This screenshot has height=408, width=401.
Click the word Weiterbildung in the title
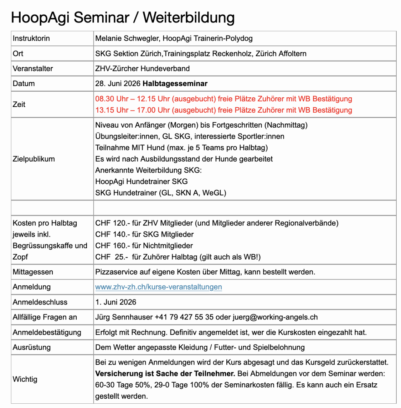click(189, 17)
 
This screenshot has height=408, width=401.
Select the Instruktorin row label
click(31, 39)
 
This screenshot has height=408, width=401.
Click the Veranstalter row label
click(33, 68)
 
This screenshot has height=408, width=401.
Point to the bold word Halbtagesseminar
click(175, 84)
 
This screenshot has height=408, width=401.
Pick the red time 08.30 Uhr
click(112, 99)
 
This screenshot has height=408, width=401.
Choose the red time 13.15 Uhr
click(112, 110)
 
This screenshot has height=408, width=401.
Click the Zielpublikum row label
click(34, 159)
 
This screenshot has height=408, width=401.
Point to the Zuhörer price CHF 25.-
click(112, 257)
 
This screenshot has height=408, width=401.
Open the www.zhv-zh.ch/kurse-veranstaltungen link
click(159, 287)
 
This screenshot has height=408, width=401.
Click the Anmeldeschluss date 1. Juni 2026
click(116, 302)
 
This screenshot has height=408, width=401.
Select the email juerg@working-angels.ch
click(275, 317)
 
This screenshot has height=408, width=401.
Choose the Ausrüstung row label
click(32, 347)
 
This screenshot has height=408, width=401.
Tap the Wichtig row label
click(25, 379)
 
